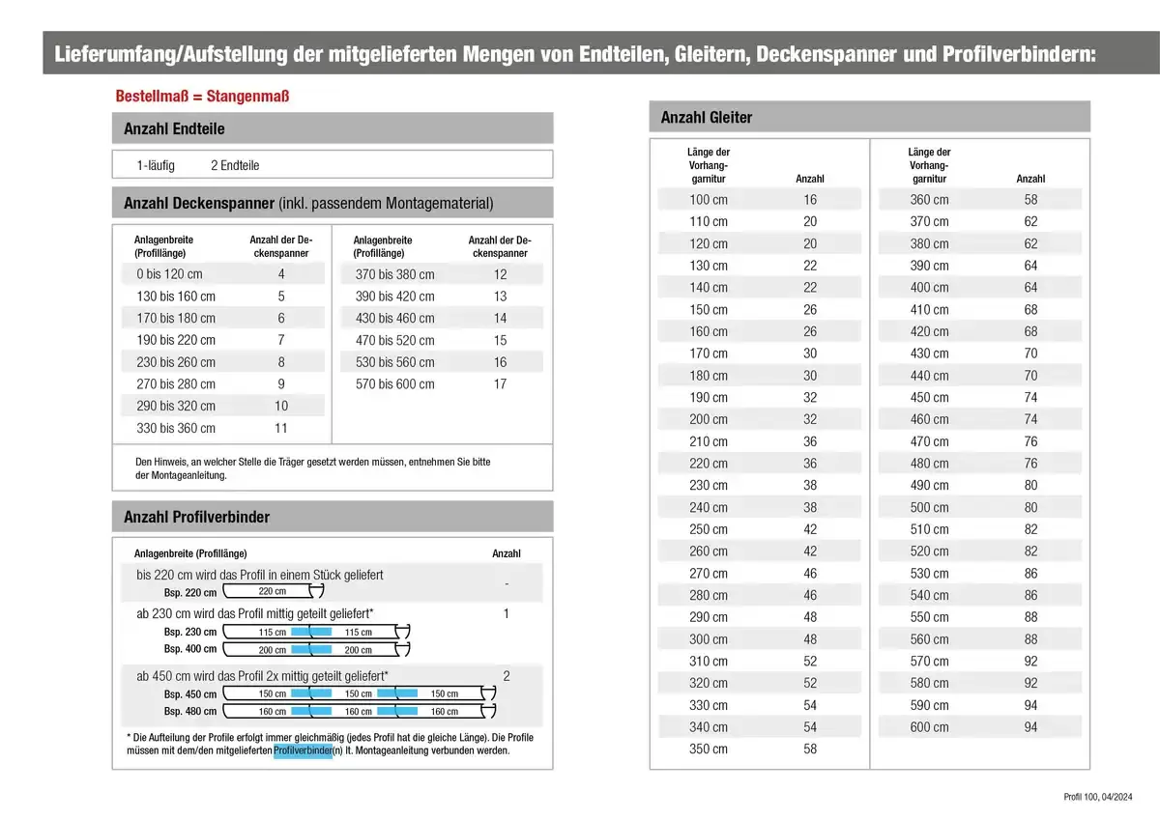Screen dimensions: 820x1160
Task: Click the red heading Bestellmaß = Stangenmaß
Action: coord(202,97)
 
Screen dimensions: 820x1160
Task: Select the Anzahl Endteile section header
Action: coord(174,128)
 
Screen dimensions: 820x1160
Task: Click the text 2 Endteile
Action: coord(235,165)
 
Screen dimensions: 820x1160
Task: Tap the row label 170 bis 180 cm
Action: coord(176,318)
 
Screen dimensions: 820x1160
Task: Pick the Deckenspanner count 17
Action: coord(500,384)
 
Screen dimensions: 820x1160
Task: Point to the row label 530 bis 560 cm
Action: coord(394,362)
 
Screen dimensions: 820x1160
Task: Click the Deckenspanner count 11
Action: coord(281,428)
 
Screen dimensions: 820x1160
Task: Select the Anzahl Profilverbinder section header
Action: coord(196,517)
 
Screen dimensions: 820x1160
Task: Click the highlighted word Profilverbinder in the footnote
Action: coord(303,750)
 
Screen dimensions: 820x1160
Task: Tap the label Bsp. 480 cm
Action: coord(190,712)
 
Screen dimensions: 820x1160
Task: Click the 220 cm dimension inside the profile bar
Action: coord(273,591)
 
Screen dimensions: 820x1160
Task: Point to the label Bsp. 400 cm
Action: coord(190,649)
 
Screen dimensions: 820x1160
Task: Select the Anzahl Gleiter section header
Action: coord(706,117)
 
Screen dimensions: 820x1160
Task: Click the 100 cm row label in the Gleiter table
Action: coord(708,200)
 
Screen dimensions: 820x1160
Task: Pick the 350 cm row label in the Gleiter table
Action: coord(708,749)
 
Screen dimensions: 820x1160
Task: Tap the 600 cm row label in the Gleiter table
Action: coord(929,727)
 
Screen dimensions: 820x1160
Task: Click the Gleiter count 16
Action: coord(810,200)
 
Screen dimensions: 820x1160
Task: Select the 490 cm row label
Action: coord(929,486)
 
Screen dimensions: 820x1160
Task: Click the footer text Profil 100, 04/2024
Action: coord(1097,797)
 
